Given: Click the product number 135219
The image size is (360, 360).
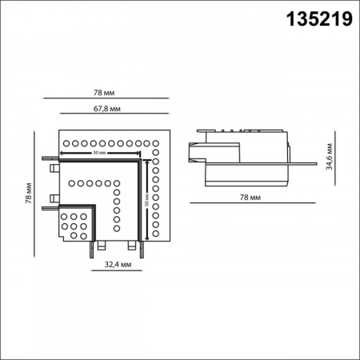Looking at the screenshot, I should tap(320, 19).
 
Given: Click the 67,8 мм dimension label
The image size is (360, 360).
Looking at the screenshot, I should tap(106, 108).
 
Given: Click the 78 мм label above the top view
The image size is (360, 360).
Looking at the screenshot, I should tap(106, 92).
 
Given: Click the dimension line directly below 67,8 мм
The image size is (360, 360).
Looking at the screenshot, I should tap(111, 117).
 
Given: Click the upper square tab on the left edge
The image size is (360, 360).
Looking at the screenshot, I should tap(54, 167).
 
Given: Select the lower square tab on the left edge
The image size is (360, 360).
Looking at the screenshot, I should tap(54, 198).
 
